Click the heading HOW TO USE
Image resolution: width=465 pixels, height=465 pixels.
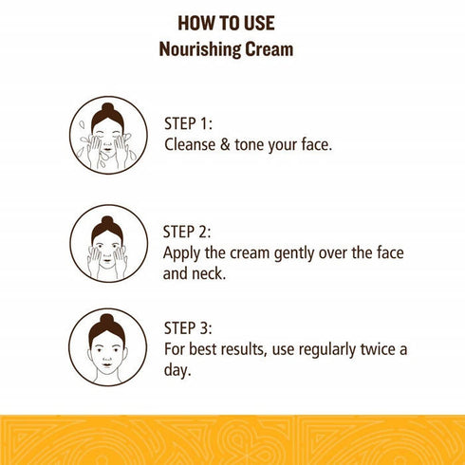tap(232, 22)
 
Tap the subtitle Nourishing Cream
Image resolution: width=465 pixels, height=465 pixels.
tap(232, 48)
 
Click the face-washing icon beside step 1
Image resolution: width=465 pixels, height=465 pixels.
tap(108, 135)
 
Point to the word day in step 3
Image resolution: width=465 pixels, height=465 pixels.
tap(177, 371)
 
